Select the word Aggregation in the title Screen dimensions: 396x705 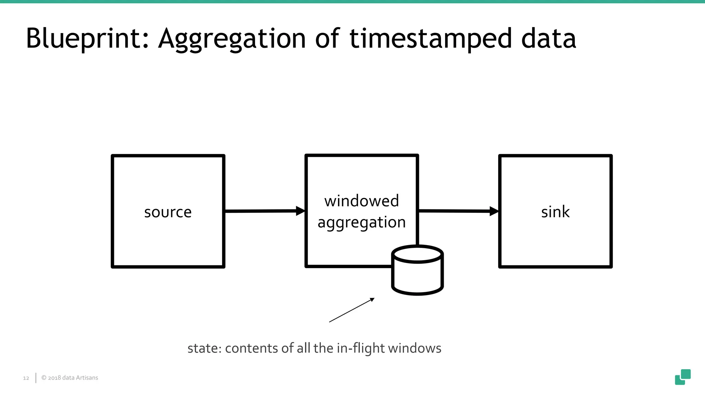[232, 38]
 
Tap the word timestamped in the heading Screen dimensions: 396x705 [430, 38]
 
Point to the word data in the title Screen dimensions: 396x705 [548, 38]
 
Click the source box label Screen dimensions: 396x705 [168, 212]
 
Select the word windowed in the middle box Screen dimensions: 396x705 [361, 201]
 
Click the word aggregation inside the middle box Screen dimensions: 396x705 [361, 222]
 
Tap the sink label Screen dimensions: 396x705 [555, 212]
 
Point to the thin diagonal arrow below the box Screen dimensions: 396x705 [351, 310]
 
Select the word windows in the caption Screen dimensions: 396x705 [414, 348]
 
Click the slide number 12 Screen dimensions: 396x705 [26, 378]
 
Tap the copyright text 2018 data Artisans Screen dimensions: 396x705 [70, 378]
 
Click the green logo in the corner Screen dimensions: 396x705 [683, 377]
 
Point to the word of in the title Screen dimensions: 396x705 [327, 38]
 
